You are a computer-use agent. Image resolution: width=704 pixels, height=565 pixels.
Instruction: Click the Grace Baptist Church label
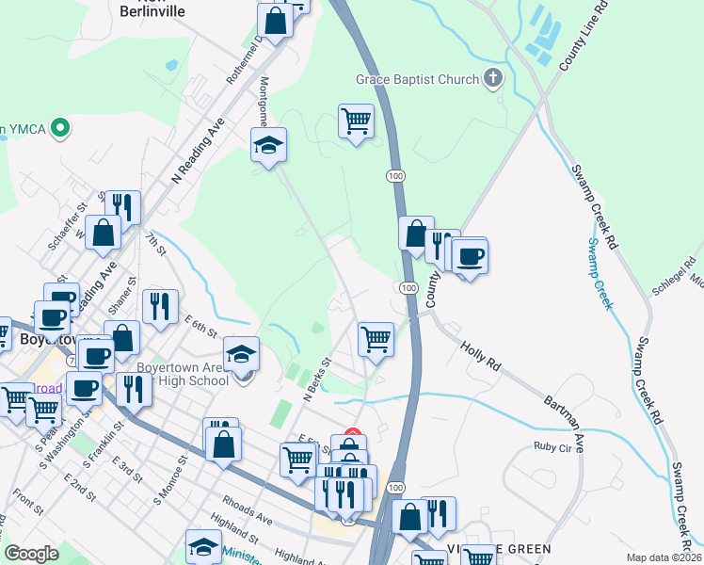click(x=417, y=80)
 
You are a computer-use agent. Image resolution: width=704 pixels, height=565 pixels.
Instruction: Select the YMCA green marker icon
click(x=60, y=128)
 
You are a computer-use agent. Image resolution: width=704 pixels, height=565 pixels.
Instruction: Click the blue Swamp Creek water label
click(x=599, y=273)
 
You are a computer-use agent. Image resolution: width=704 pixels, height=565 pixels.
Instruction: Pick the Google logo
click(x=33, y=554)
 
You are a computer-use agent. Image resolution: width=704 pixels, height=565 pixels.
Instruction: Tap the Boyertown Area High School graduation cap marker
click(x=242, y=356)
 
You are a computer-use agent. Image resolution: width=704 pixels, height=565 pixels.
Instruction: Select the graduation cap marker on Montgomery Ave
click(x=268, y=145)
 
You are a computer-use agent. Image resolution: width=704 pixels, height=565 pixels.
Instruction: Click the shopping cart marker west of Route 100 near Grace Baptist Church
click(x=357, y=121)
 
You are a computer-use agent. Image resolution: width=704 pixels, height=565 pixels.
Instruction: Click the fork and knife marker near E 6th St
click(x=160, y=305)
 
